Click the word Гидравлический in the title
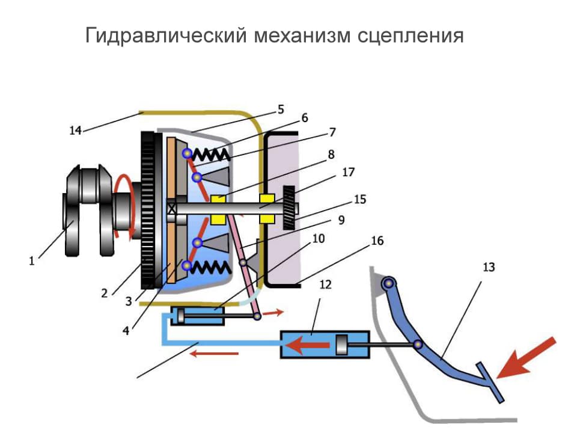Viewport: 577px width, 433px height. pyautogui.click(x=164, y=35)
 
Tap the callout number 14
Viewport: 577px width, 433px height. pyautogui.click(x=75, y=129)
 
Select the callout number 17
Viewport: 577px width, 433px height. pyautogui.click(x=349, y=173)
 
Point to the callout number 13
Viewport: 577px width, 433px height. pyautogui.click(x=489, y=267)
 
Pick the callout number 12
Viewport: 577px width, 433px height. pyautogui.click(x=325, y=284)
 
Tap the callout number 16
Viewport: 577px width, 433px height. pyautogui.click(x=377, y=241)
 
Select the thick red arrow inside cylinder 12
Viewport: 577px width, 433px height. pyautogui.click(x=309, y=345)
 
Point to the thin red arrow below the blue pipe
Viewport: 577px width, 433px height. pyautogui.click(x=214, y=354)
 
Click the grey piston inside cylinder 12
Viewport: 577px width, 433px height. pyautogui.click(x=342, y=346)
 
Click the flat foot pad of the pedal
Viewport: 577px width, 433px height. pyautogui.click(x=490, y=382)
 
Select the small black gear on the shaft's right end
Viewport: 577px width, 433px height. pyautogui.click(x=288, y=207)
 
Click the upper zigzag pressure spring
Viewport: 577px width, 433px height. pyautogui.click(x=210, y=155)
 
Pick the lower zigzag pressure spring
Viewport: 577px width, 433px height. pyautogui.click(x=210, y=265)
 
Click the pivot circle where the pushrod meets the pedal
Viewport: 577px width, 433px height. pyautogui.click(x=418, y=345)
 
